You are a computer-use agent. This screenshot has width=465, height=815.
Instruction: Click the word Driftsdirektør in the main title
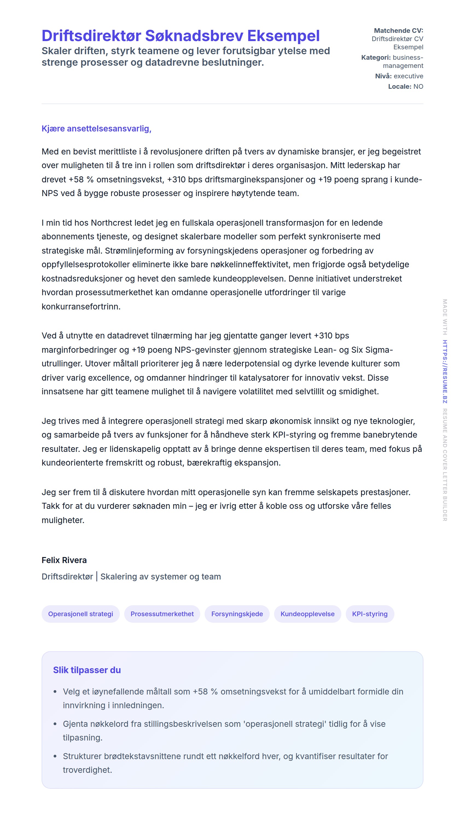click(x=91, y=36)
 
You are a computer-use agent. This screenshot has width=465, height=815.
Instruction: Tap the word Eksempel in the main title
click(x=283, y=36)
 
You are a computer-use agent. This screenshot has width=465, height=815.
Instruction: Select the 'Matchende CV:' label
click(x=398, y=31)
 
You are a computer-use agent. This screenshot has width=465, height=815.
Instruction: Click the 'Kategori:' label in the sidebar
click(x=376, y=58)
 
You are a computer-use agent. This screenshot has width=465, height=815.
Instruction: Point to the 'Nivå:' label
click(x=383, y=76)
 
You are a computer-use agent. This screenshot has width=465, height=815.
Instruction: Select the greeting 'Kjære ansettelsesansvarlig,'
click(x=97, y=128)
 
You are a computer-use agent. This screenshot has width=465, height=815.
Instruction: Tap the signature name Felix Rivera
click(x=64, y=560)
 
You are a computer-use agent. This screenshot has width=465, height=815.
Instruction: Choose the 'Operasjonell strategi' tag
click(x=80, y=614)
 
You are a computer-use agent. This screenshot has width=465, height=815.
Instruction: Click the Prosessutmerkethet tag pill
click(x=162, y=614)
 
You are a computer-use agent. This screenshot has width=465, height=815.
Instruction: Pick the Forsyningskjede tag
click(x=237, y=614)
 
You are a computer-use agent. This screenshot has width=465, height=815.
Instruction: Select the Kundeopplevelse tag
click(x=307, y=614)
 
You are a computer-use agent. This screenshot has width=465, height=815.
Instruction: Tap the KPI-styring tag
click(x=370, y=614)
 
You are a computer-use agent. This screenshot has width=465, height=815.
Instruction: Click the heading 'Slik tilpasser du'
click(x=87, y=670)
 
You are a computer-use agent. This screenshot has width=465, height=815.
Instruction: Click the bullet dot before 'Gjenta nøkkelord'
click(x=55, y=724)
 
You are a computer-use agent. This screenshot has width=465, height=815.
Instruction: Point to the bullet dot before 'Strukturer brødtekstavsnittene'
click(x=55, y=756)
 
